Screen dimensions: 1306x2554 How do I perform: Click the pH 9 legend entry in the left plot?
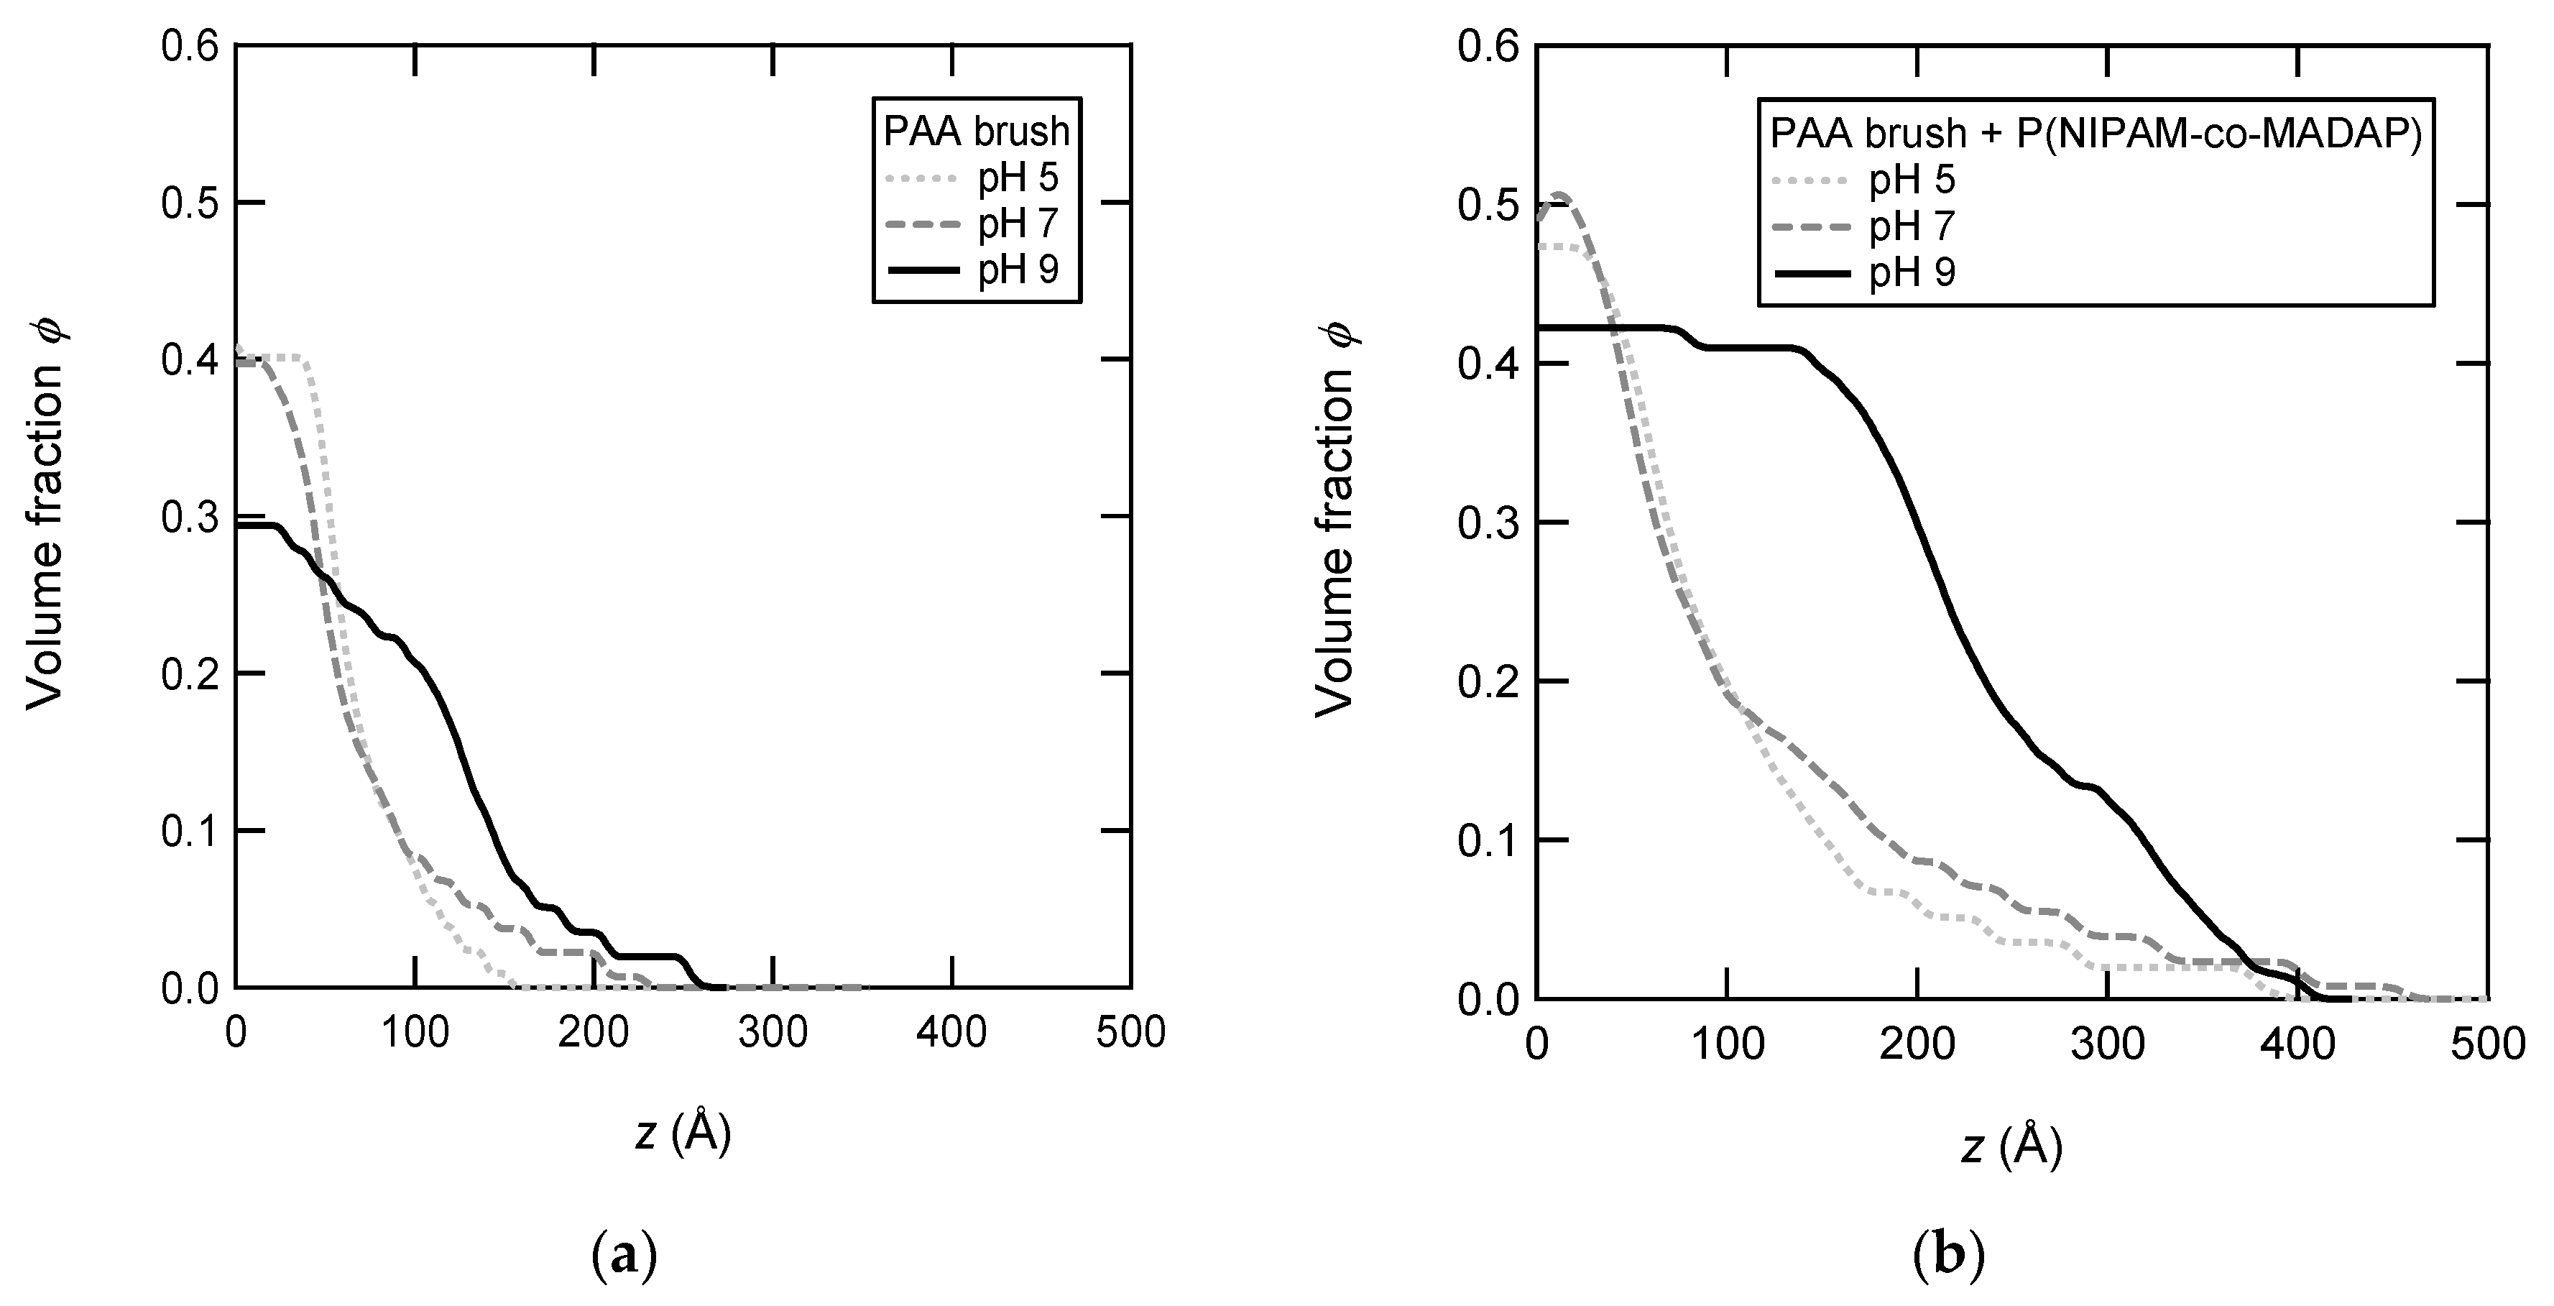coord(1018,270)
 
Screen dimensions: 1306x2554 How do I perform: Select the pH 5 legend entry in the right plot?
coord(1912,180)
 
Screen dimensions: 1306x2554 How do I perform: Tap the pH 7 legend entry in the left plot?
coord(1018,225)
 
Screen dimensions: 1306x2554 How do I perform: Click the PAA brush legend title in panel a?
coord(977,131)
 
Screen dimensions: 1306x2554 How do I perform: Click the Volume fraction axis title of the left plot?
coord(45,517)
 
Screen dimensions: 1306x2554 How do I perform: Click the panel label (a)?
coord(624,1257)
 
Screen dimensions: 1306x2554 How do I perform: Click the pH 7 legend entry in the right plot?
coord(1912,226)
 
